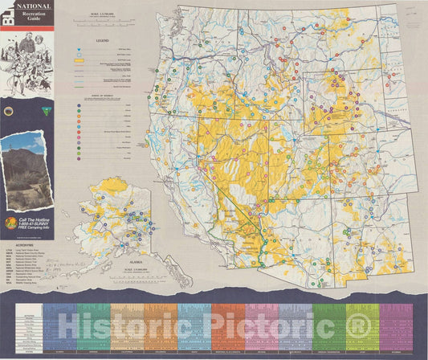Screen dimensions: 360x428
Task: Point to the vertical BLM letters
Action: point(7,19)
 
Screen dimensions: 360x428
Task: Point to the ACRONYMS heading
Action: point(14,249)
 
